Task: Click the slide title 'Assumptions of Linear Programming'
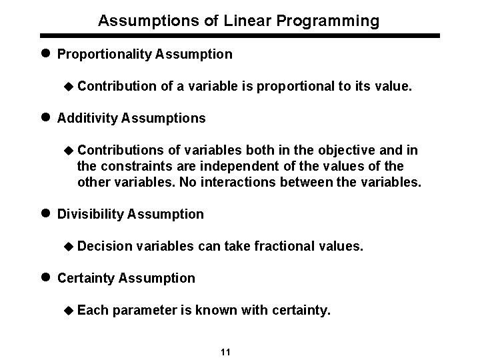(239, 21)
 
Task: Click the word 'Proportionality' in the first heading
(105, 55)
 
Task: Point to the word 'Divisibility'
(90, 215)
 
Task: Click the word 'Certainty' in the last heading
(86, 278)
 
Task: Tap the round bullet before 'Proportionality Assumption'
(47, 54)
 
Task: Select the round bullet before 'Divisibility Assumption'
(47, 214)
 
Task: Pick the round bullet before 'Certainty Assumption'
(47, 278)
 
